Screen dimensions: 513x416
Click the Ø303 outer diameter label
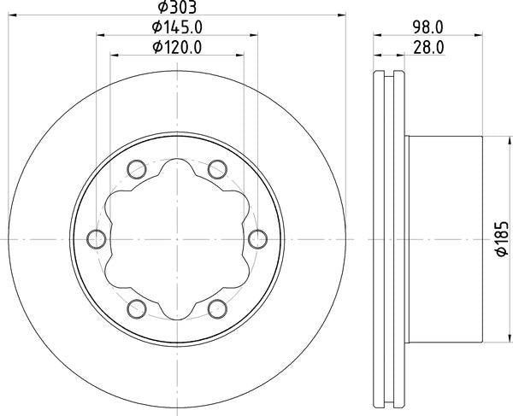(x=177, y=7)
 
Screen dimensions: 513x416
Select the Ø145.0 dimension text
(x=177, y=27)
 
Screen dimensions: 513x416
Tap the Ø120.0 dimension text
(x=177, y=47)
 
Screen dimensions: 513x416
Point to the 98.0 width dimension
(x=427, y=27)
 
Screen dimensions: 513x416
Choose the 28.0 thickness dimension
(x=428, y=47)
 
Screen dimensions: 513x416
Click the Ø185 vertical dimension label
(x=502, y=239)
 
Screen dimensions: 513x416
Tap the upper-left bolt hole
(x=136, y=169)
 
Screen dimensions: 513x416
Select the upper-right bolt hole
(x=217, y=169)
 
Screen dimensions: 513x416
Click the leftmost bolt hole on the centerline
(x=97, y=239)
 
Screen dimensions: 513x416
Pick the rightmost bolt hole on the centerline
(x=257, y=239)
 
